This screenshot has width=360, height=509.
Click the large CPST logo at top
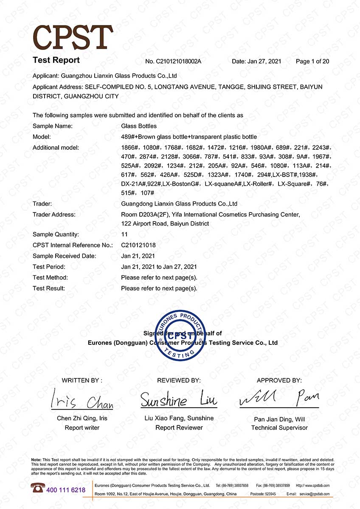click(x=73, y=37)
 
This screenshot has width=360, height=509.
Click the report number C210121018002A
click(x=173, y=62)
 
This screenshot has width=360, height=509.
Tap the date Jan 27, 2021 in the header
click(x=256, y=62)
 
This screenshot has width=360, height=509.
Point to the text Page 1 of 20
click(x=312, y=62)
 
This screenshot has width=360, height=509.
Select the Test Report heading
click(x=56, y=60)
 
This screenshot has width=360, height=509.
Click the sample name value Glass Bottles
click(x=139, y=126)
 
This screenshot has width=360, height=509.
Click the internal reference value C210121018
click(x=138, y=245)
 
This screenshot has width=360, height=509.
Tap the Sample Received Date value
click(x=138, y=256)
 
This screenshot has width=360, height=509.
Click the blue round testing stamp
click(x=180, y=336)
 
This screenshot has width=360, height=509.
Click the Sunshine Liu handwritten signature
click(x=179, y=400)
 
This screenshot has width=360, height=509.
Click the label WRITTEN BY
click(x=82, y=380)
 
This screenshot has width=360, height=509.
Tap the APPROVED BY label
click(x=279, y=380)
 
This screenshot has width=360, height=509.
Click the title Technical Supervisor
click(x=279, y=428)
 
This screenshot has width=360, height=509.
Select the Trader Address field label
click(x=54, y=215)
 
